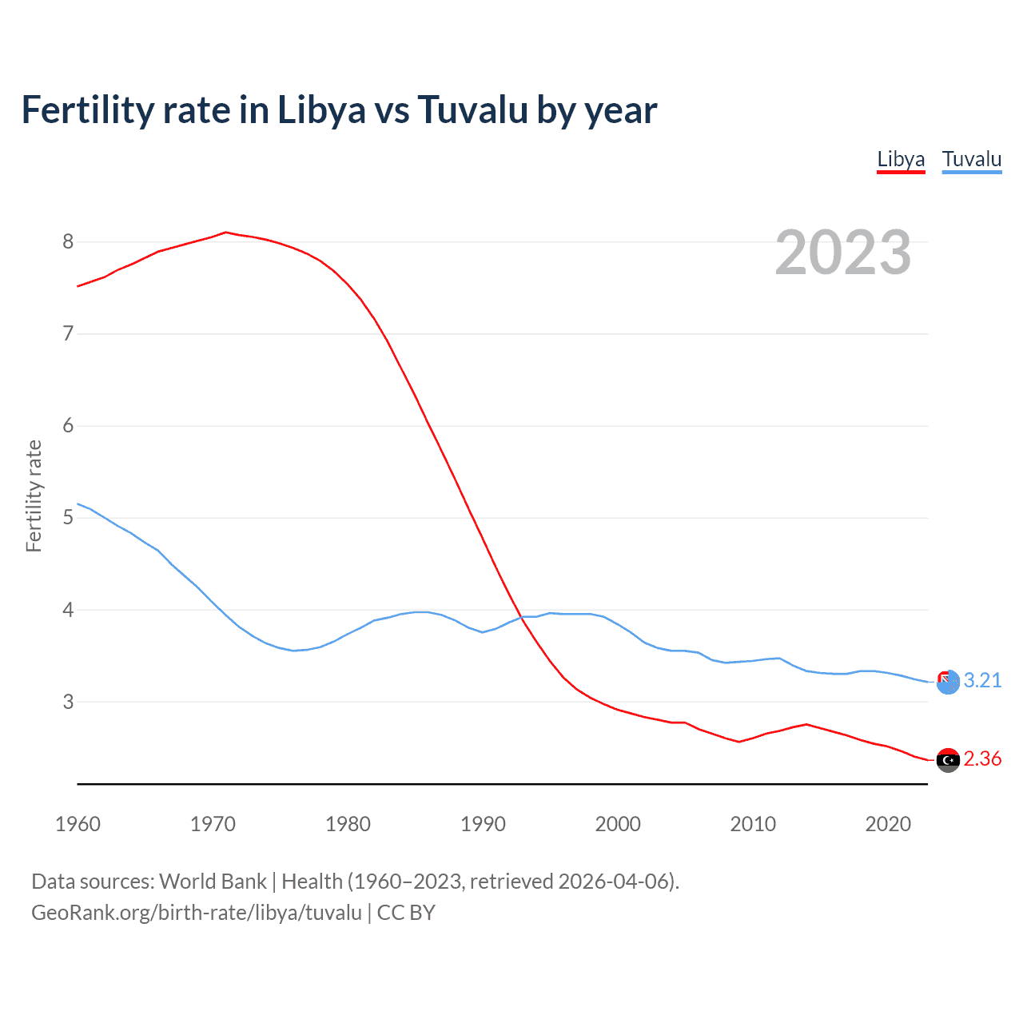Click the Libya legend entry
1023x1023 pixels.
(x=901, y=159)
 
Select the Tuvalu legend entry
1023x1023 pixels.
(x=971, y=159)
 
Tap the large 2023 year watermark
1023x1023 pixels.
(x=843, y=253)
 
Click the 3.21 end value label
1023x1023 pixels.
(x=982, y=680)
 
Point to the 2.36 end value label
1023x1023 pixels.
(x=982, y=758)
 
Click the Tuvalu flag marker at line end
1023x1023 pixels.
(x=948, y=682)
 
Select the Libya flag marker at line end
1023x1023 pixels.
(x=948, y=760)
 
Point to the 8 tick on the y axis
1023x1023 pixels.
(x=68, y=241)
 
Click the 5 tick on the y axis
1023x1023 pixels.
(x=68, y=517)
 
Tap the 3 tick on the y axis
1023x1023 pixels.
(x=68, y=702)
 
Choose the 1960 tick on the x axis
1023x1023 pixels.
(x=78, y=824)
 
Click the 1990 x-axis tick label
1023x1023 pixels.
(x=483, y=824)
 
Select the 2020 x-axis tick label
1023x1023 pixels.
(x=888, y=824)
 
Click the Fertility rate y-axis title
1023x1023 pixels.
(x=34, y=496)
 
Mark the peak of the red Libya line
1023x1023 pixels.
(x=225, y=233)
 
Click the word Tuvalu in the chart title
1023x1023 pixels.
(x=472, y=110)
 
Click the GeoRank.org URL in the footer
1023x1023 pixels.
(x=197, y=913)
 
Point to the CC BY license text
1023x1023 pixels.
(x=406, y=913)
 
